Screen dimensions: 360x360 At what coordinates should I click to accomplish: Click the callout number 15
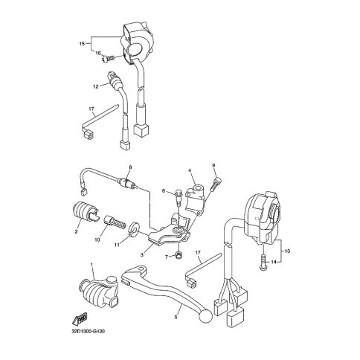click(82, 44)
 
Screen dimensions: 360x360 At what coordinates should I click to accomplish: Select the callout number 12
click(96, 86)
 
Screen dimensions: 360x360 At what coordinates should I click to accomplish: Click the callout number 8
click(130, 167)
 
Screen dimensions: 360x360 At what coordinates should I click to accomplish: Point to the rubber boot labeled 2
click(85, 211)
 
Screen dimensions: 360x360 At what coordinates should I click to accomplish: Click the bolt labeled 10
click(114, 220)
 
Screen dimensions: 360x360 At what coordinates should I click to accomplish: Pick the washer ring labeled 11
click(135, 228)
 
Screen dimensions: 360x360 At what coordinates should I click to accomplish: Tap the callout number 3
click(141, 254)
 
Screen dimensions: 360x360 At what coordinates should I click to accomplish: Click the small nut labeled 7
click(178, 256)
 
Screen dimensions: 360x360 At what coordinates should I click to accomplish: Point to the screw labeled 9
click(216, 184)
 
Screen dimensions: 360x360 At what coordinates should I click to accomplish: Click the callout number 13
click(287, 251)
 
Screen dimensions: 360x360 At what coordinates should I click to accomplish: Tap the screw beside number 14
click(263, 262)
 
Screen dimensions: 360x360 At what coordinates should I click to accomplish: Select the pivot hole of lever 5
click(141, 269)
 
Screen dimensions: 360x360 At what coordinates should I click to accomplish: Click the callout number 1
click(91, 265)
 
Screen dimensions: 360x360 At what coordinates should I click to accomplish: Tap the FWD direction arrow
click(80, 318)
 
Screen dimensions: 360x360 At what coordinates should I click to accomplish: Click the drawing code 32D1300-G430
click(88, 332)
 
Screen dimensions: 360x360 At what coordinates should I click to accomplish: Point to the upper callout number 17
click(91, 109)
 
